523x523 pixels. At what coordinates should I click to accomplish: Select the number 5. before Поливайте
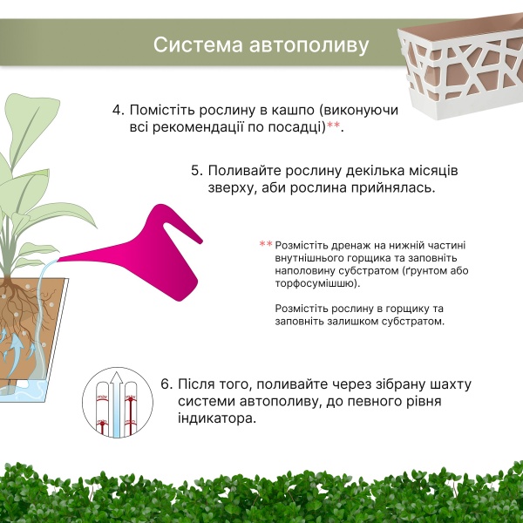[197, 170]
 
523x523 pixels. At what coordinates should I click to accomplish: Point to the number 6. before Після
[167, 384]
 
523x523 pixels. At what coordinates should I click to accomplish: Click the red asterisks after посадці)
[336, 128]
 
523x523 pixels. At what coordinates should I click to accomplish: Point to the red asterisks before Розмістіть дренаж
[266, 245]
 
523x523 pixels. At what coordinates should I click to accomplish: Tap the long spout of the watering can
[96, 254]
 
